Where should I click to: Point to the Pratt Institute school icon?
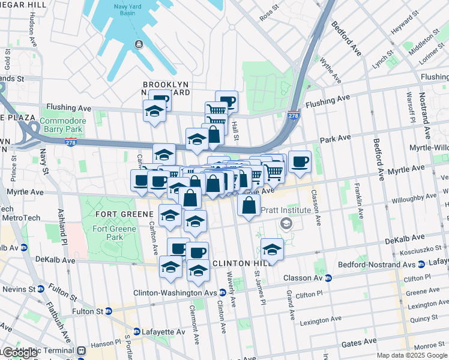point(286,223)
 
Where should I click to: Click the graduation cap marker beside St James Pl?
point(272,248)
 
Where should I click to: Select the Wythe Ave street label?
point(330,70)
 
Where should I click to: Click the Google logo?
point(19,353)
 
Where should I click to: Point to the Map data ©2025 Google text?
point(412,355)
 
